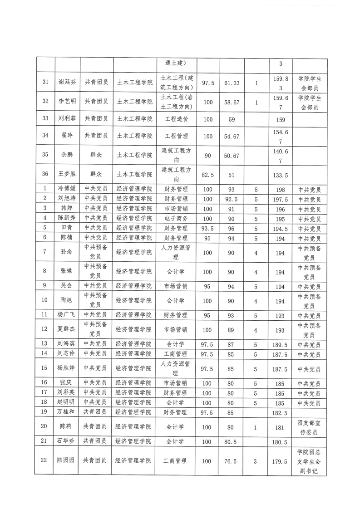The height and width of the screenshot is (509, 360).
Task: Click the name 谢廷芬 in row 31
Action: [x=66, y=83]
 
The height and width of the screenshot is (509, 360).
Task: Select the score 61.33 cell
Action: [x=232, y=83]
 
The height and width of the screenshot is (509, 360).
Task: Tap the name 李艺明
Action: [x=66, y=103]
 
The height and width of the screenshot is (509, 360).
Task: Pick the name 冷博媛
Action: [x=66, y=188]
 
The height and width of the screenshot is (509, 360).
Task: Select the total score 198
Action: [x=280, y=188]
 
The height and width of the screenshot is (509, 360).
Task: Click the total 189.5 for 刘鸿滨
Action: [x=280, y=344]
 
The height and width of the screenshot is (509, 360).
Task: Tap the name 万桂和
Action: [x=66, y=412]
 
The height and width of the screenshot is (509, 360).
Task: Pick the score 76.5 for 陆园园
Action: [x=232, y=461]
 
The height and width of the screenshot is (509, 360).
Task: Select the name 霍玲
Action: [x=66, y=136]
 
